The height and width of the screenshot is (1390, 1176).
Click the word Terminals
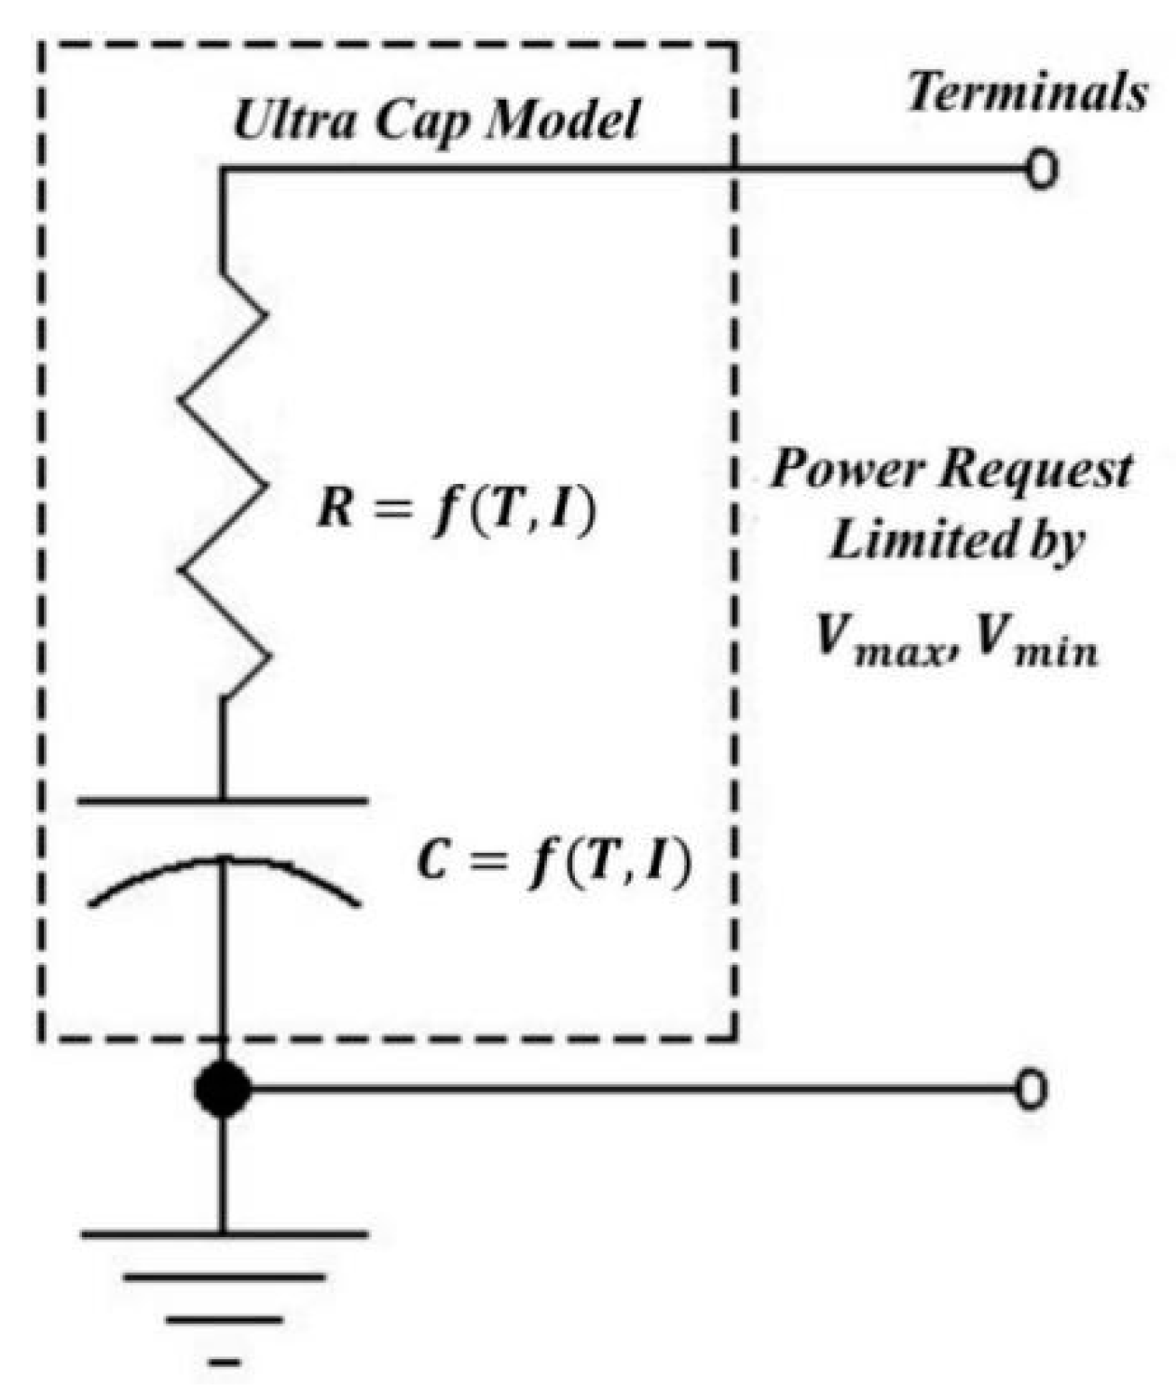point(1027,93)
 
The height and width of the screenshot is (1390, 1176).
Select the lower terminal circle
point(1031,1090)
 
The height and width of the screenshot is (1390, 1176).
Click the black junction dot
point(223,1089)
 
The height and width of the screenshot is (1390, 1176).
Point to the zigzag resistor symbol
point(224,485)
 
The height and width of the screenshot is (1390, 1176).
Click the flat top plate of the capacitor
point(223,800)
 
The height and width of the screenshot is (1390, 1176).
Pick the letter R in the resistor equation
point(334,510)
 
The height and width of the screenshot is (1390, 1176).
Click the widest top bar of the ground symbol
point(224,1234)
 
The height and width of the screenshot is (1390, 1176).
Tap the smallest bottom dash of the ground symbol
point(225,1363)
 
